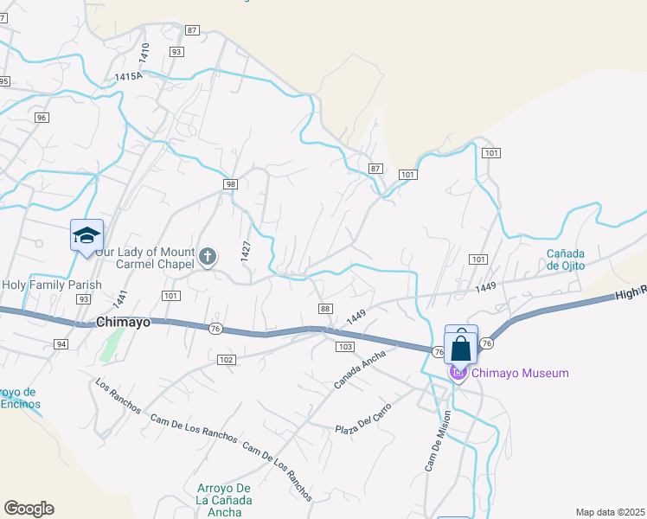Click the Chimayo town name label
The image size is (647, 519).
click(124, 322)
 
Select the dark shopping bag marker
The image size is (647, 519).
click(461, 349)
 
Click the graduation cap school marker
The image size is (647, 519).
click(86, 235)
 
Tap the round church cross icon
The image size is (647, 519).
click(208, 255)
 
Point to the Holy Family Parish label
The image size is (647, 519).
click(52, 285)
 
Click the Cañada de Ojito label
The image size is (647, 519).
click(566, 259)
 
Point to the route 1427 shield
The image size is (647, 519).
click(246, 252)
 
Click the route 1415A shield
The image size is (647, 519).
click(127, 77)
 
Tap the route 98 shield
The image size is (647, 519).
click(229, 184)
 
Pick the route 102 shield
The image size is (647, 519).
click(226, 359)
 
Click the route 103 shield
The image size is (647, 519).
click(344, 346)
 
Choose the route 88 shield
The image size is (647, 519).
click(325, 309)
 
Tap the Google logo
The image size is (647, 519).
click(29, 508)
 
